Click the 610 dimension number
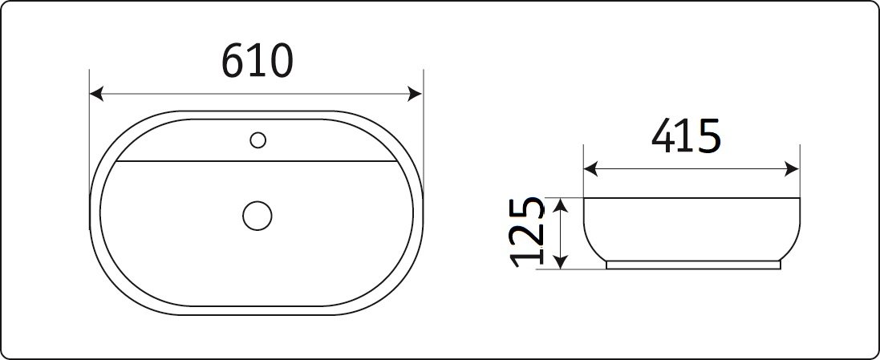coord(257,62)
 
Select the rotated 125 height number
coord(529,233)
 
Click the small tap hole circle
coord(258,140)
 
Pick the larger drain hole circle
coord(257,214)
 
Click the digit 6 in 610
coord(234,62)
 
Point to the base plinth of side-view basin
coord(693,265)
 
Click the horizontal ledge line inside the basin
coord(257,160)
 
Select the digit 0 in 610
coord(280,62)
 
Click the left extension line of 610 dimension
coord(89,144)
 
